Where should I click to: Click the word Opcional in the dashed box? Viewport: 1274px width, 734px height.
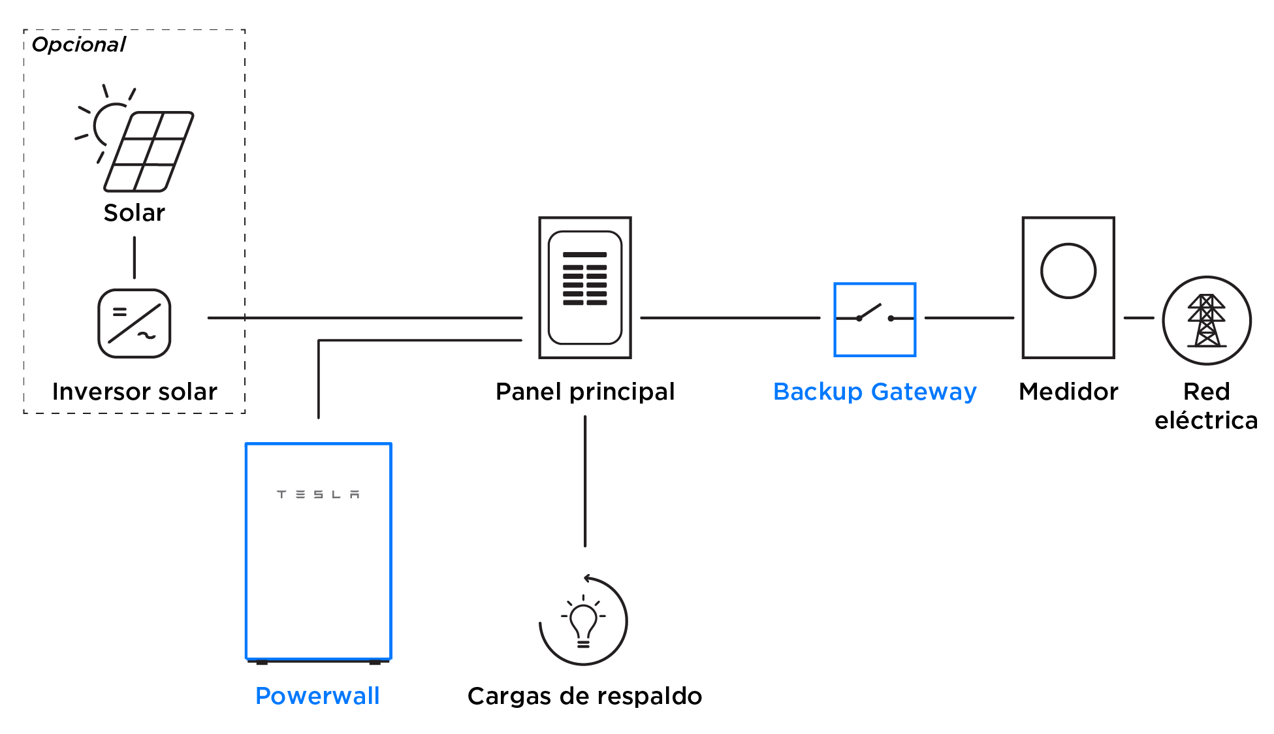[78, 44]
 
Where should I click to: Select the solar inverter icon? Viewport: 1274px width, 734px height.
[135, 323]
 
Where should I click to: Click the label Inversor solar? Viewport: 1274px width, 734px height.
[135, 392]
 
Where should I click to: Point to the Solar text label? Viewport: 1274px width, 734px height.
[135, 213]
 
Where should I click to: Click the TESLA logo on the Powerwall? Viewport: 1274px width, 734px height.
[318, 494]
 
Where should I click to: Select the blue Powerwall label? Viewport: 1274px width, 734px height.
[317, 696]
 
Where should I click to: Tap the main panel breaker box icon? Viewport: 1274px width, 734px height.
[585, 287]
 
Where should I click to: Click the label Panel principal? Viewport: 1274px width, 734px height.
[585, 392]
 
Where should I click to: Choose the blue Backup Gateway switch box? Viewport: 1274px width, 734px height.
[875, 319]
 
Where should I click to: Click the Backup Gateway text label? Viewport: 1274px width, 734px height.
[875, 392]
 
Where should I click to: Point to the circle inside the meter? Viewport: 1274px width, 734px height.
[1068, 271]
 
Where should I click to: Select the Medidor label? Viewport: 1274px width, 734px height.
[1068, 392]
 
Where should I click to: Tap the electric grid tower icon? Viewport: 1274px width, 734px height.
[1207, 321]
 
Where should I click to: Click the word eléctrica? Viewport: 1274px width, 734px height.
[1206, 421]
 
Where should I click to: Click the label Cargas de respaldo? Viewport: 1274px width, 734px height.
[585, 696]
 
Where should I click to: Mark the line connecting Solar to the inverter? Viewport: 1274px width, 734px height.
[135, 257]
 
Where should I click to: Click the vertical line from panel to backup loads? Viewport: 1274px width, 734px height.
[585, 481]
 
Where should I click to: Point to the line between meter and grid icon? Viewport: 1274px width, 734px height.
[1139, 318]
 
